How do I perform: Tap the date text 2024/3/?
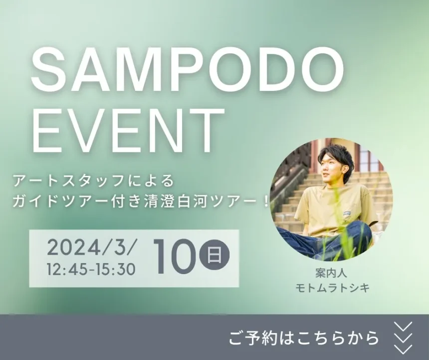click(91, 248)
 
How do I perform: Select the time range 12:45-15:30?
click(91, 269)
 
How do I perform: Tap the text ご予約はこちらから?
click(304, 338)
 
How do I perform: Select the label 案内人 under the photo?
click(331, 273)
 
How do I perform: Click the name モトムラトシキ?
click(332, 288)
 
